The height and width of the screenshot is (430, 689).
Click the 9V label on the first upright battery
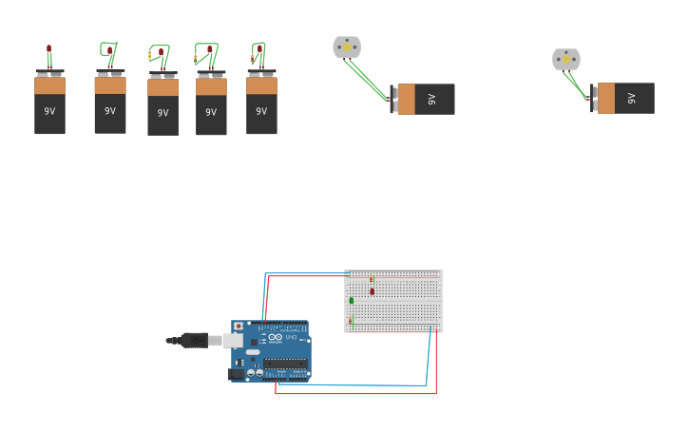coord(49,111)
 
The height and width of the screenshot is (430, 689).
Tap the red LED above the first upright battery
coord(48,48)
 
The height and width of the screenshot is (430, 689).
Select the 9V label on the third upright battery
coord(163,113)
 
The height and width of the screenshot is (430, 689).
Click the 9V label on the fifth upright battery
coord(261,111)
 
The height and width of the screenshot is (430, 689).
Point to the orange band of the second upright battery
coord(110,85)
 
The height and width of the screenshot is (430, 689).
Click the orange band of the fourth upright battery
coord(211,86)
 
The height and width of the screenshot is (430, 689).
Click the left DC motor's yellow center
coord(347,47)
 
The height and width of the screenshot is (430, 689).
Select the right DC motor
coord(566,59)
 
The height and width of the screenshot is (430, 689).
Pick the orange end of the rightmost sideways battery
coord(605,98)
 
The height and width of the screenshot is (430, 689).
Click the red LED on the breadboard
coord(372,291)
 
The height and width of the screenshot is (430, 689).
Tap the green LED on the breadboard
coord(351,300)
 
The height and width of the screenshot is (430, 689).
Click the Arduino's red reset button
coord(238,327)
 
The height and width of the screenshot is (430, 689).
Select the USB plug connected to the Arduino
coord(194,340)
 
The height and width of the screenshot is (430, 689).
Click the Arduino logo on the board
coord(275,337)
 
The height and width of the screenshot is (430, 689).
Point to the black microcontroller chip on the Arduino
coord(285,363)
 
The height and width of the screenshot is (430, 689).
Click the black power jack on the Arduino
coord(236,374)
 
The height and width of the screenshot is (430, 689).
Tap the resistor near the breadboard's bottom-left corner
coord(350,321)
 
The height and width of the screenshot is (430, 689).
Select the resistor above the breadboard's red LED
coord(371,278)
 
